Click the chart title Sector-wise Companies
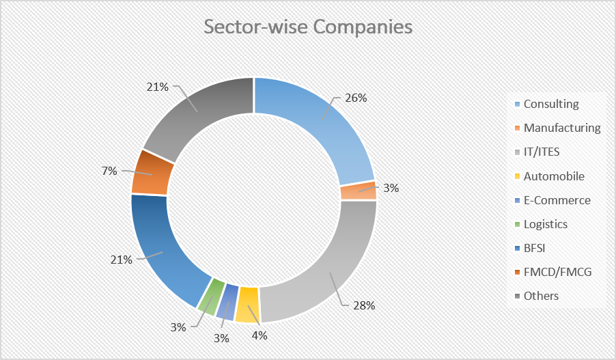308,27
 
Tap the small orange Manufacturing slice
358,192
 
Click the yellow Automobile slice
247,304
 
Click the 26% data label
355,98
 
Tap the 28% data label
363,305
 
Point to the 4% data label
260,335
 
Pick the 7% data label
109,170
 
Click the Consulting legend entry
550,104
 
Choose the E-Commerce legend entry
557,200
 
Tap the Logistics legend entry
545,224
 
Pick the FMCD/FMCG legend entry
557,272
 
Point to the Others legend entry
541,296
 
